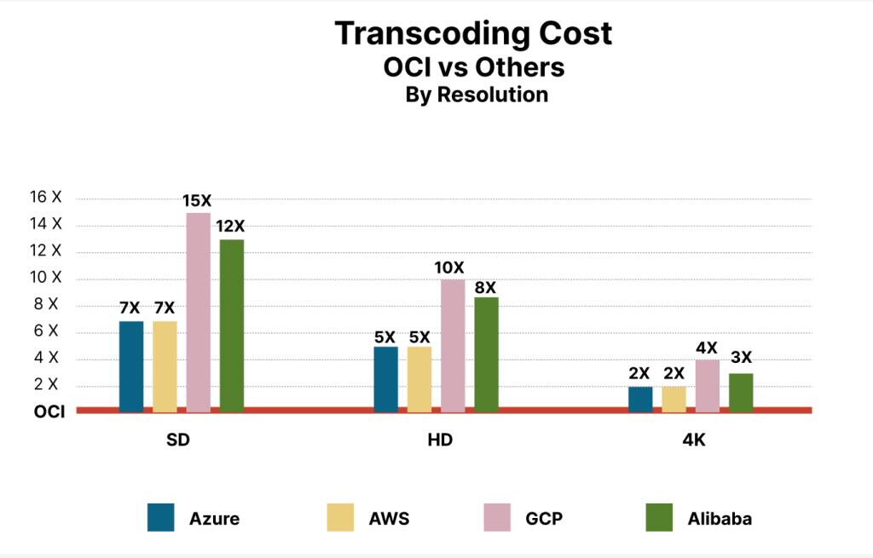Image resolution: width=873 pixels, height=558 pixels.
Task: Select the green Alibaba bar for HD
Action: click(x=486, y=354)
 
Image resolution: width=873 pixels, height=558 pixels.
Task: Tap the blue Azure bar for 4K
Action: click(x=640, y=399)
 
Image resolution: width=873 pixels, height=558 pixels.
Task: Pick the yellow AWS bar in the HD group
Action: click(x=419, y=378)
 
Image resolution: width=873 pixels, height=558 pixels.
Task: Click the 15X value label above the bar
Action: click(x=197, y=201)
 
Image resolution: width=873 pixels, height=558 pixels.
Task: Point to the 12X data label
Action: click(x=231, y=227)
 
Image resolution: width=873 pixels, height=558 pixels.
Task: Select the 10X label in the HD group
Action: click(x=453, y=267)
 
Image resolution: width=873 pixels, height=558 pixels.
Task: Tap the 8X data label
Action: click(x=486, y=287)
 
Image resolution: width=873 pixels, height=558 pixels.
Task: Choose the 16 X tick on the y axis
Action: click(x=46, y=197)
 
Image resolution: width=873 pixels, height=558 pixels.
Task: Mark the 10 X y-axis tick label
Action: click(x=46, y=277)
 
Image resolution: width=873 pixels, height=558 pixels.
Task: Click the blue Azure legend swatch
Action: click(x=160, y=517)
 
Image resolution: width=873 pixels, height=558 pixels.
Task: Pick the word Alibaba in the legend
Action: click(x=720, y=518)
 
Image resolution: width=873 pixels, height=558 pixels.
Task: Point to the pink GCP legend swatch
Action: click(x=496, y=517)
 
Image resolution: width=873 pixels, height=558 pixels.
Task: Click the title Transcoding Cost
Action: click(x=473, y=33)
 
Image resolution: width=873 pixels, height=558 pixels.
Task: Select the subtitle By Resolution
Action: click(x=477, y=95)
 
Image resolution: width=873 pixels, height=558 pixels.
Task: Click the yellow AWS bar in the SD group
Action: click(x=165, y=365)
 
